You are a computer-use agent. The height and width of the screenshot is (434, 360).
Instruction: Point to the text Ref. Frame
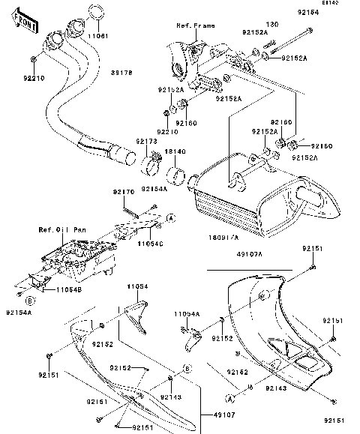pyautogui.click(x=195, y=25)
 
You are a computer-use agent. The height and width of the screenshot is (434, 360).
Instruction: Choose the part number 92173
pyautogui.click(x=146, y=141)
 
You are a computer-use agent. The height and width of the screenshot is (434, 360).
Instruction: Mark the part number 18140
pyautogui.click(x=175, y=151)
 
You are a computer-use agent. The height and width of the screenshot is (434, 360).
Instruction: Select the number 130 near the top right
pyautogui.click(x=271, y=25)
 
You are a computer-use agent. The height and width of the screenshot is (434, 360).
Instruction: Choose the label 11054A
pyautogui.click(x=187, y=313)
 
